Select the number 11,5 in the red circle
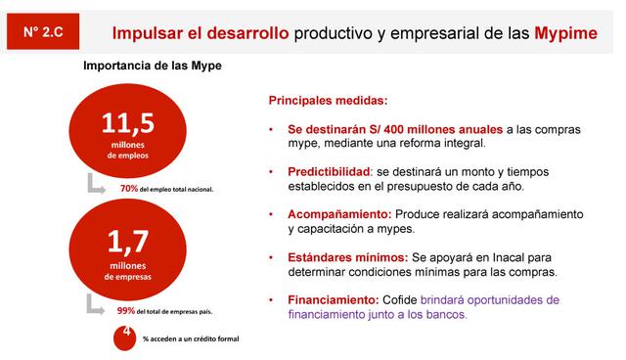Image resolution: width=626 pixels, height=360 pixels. point(128,123)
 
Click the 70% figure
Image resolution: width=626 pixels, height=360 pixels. point(128,188)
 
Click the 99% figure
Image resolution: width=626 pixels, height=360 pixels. point(125,311)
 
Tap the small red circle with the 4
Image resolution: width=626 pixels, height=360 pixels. point(124,336)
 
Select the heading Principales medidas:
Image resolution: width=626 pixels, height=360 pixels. point(328,101)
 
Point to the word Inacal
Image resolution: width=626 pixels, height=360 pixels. point(521,256)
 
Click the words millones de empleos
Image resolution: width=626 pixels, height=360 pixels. point(128,150)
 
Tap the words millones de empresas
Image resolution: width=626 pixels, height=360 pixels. point(128,270)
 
